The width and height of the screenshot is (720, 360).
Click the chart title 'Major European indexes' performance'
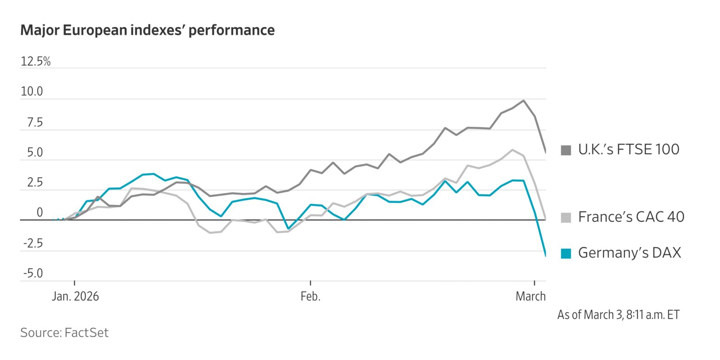tap(147, 30)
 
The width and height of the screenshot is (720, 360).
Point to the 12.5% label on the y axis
tap(35, 62)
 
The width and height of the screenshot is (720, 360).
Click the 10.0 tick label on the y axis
tap(32, 92)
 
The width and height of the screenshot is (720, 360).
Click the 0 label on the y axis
tap(39, 213)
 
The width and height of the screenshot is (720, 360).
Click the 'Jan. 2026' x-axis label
tap(75, 297)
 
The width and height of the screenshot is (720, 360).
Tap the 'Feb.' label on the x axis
tap(310, 297)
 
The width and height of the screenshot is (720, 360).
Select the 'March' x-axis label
tap(530, 297)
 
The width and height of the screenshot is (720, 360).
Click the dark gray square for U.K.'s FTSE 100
tap(566, 150)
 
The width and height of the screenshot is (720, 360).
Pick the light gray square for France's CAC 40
tap(566, 217)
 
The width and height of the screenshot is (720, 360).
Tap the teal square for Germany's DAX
tap(566, 253)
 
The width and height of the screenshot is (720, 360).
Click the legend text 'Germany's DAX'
tap(629, 253)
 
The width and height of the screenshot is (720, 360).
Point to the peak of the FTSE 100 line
tap(523, 101)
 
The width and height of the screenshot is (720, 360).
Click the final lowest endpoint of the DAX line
tap(546, 256)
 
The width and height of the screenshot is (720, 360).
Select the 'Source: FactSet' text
tap(64, 332)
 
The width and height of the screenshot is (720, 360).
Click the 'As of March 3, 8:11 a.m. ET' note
tap(618, 315)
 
